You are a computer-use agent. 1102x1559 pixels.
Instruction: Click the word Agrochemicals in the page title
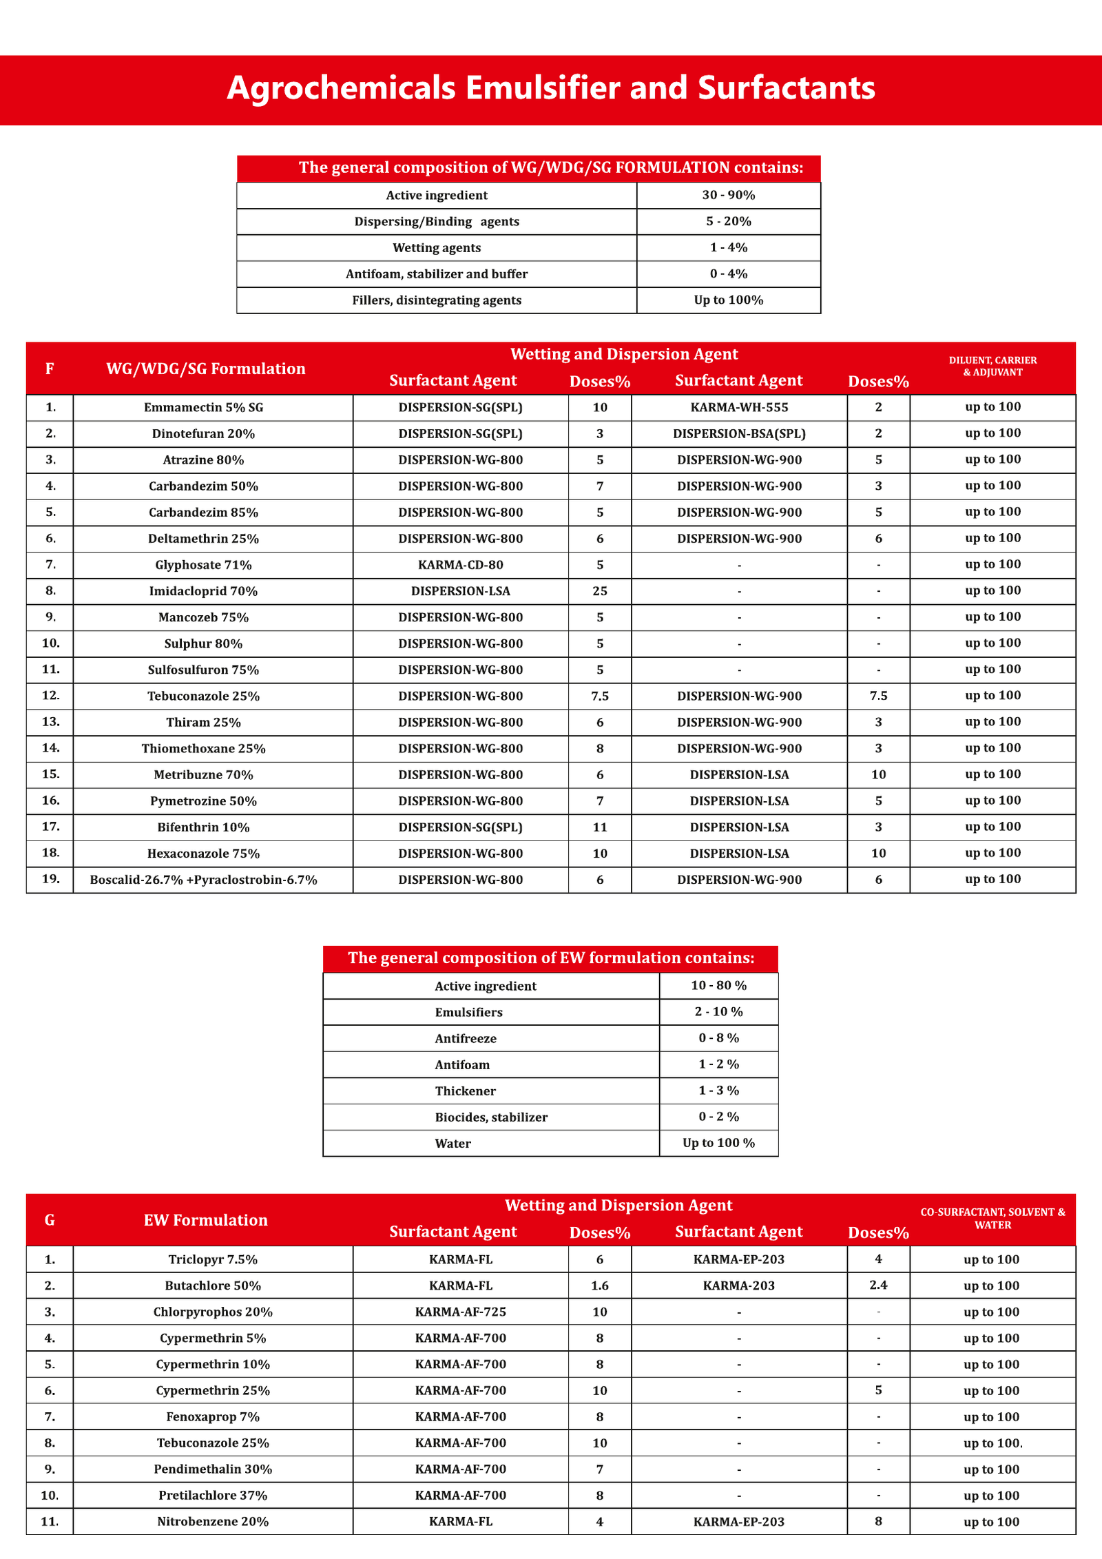pos(341,88)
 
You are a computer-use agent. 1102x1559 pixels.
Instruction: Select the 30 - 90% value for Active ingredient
pos(728,196)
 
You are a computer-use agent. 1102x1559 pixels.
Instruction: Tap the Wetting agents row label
pos(437,248)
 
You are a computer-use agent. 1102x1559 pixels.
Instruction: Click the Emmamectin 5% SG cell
pos(203,408)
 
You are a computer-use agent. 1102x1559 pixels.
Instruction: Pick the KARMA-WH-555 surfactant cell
pos(739,408)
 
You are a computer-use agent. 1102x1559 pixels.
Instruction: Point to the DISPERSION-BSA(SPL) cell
pos(739,434)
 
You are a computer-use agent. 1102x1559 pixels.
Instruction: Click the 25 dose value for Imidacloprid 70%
pos(599,591)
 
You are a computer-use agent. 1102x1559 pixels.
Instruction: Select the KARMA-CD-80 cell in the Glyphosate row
pos(460,565)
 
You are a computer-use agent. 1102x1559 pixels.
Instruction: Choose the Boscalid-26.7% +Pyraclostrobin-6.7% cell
pos(203,880)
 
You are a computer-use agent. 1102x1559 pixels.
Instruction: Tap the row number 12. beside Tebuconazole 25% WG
pos(51,696)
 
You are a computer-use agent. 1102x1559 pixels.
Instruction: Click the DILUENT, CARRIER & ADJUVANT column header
pos(992,366)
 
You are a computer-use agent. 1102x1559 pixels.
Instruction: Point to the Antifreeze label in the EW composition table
pos(466,1038)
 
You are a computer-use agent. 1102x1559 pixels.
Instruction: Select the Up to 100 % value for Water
pos(718,1143)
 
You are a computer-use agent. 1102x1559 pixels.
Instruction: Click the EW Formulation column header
pos(205,1220)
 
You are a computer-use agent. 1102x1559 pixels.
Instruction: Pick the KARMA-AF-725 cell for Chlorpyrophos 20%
pos(460,1312)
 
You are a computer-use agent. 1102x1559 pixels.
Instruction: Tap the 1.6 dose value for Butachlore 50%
pos(599,1286)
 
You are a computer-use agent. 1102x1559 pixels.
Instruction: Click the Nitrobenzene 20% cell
pos(212,1522)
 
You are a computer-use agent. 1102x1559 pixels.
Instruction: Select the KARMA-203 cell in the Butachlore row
pos(739,1286)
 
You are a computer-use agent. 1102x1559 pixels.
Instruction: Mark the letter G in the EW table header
pos(50,1220)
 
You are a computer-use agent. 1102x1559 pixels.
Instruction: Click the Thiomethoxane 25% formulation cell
pos(203,749)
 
